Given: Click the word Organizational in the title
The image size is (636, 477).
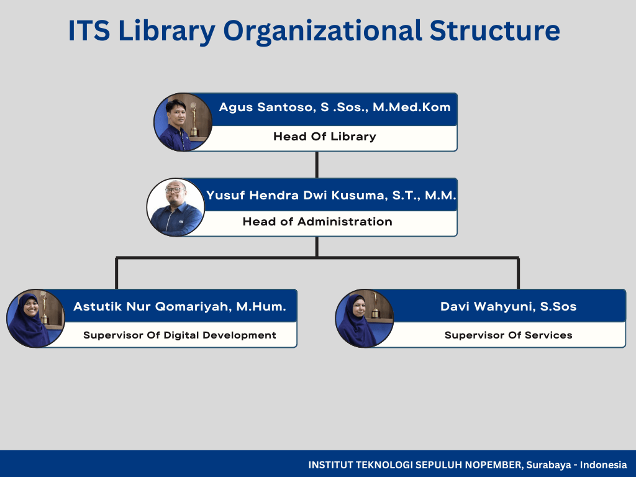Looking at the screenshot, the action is pos(322,32).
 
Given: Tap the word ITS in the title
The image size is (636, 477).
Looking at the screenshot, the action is pos(89,30).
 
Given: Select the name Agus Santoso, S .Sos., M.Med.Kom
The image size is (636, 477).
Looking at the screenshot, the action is pos(335,107).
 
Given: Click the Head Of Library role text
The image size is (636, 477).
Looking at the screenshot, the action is pos(324,136).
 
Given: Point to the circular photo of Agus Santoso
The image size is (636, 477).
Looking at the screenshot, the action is pos(183,122).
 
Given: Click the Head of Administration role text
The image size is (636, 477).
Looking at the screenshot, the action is pos(317,222).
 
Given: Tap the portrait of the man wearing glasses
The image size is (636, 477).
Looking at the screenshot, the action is pos(176,207).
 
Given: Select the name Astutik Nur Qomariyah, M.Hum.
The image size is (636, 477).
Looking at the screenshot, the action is pos(179,306).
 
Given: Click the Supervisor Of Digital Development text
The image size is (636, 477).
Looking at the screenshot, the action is pos(179,335).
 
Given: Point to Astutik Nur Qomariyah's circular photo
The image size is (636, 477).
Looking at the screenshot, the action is pos(35,319).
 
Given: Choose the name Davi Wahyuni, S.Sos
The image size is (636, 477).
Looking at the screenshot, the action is pos(509,306).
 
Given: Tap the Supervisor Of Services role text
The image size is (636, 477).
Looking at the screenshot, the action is pos(508,335).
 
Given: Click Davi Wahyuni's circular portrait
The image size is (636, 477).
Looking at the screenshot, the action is pos(364,319).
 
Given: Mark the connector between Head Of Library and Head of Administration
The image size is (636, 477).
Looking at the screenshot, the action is pos(317,165).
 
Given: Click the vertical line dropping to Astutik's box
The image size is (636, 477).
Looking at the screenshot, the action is pos(116,273).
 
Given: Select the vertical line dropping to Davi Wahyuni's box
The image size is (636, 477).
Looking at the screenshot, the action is pos(519,273).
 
